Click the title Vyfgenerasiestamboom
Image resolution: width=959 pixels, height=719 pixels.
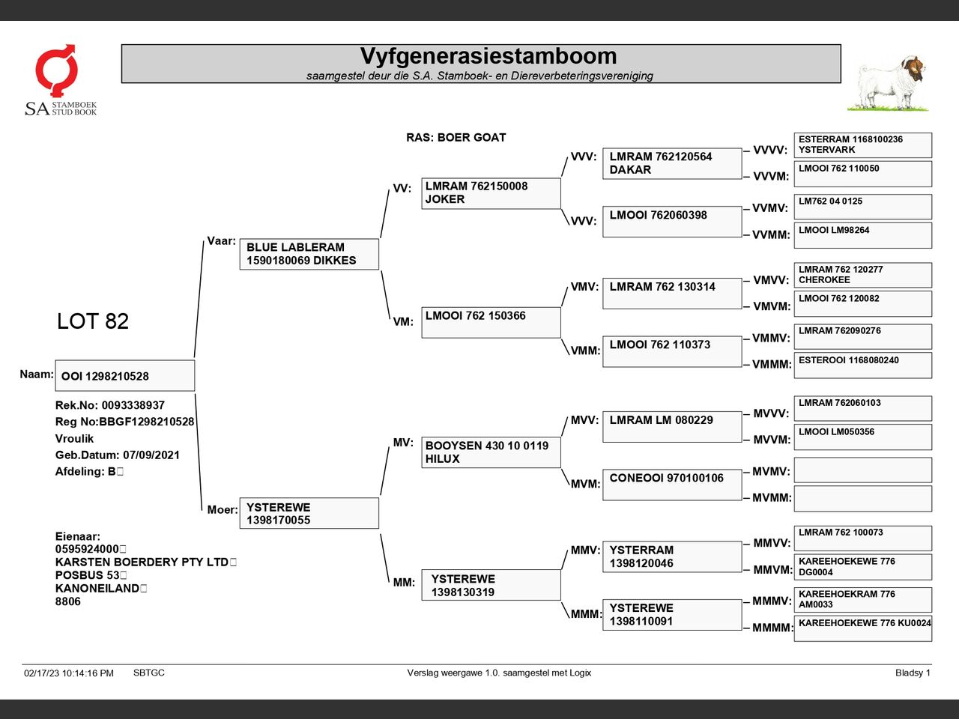click(x=488, y=56)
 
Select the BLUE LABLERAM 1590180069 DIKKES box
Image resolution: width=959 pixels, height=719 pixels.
click(x=309, y=254)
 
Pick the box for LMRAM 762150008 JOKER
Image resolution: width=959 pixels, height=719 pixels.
click(x=491, y=193)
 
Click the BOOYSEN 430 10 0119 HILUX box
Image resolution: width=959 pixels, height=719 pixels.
click(x=491, y=452)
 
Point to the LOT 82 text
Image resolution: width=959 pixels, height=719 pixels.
click(x=93, y=321)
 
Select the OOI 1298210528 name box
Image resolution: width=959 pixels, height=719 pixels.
click(x=124, y=376)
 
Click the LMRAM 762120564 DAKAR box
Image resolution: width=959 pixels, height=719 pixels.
click(x=671, y=163)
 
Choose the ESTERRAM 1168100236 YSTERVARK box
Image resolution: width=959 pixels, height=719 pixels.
click(x=862, y=145)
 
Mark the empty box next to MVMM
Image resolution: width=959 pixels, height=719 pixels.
click(x=862, y=498)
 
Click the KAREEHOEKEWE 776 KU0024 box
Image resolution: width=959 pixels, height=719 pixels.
click(x=862, y=628)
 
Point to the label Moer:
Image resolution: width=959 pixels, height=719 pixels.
click(x=223, y=510)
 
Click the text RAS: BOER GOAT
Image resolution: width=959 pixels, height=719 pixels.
click(x=456, y=137)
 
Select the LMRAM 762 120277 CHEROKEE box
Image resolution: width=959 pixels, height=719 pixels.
click(x=862, y=275)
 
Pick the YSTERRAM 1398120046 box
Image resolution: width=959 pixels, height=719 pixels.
click(x=671, y=556)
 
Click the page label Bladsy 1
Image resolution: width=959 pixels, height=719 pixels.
click(x=912, y=673)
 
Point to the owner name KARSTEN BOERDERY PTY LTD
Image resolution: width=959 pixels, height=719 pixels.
click(x=142, y=562)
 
